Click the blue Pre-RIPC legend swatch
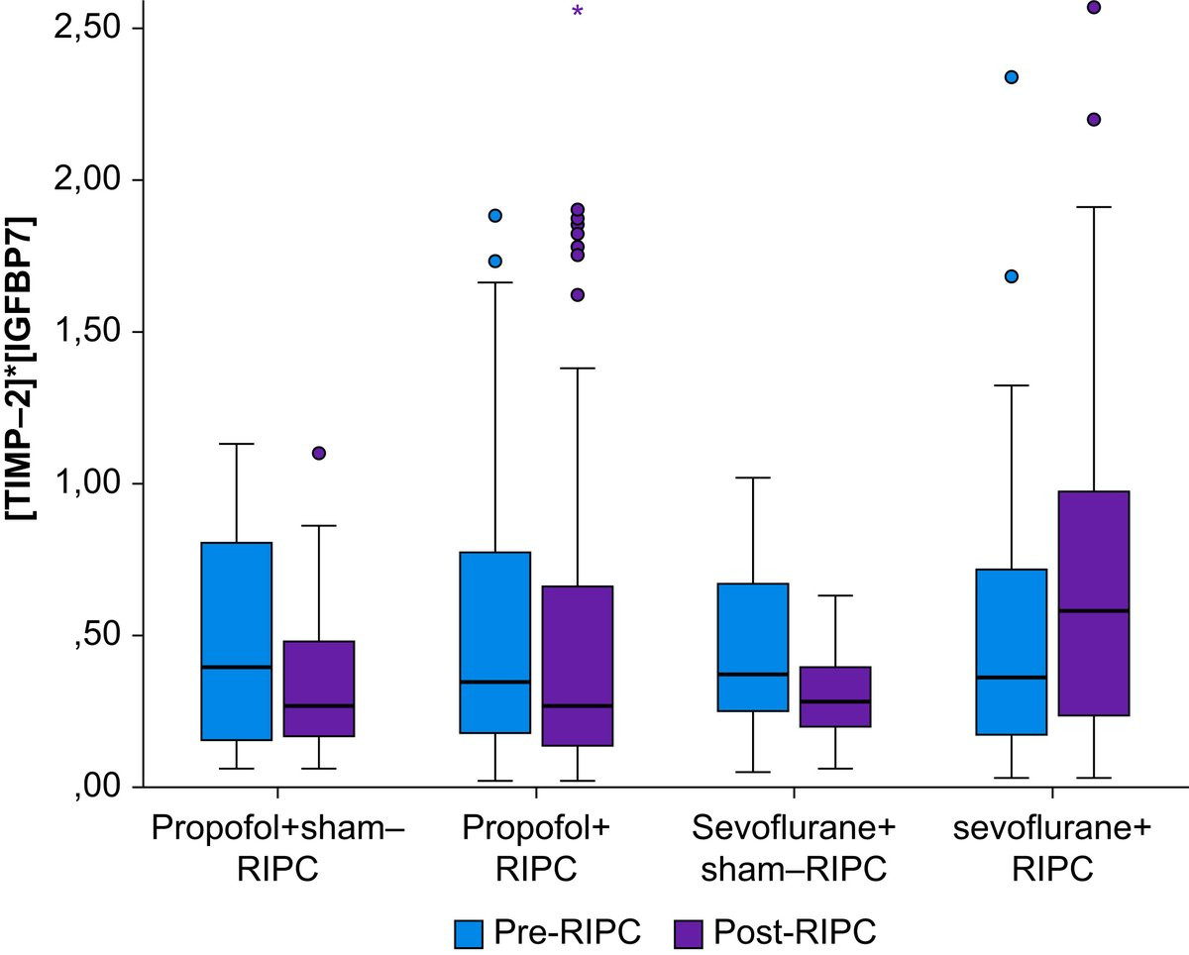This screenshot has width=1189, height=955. coord(469,932)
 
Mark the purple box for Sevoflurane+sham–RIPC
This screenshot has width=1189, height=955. coord(835,696)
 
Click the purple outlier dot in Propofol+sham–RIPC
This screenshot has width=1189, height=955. coord(319,453)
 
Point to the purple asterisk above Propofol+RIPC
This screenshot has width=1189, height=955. coord(578,13)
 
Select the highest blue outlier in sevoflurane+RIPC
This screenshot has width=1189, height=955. coord(1012,77)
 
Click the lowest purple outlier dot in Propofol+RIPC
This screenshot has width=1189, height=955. coord(578,294)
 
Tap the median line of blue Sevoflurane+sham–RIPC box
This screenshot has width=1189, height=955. coord(753,674)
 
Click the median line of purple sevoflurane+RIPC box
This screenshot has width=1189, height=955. coord(1094,610)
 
